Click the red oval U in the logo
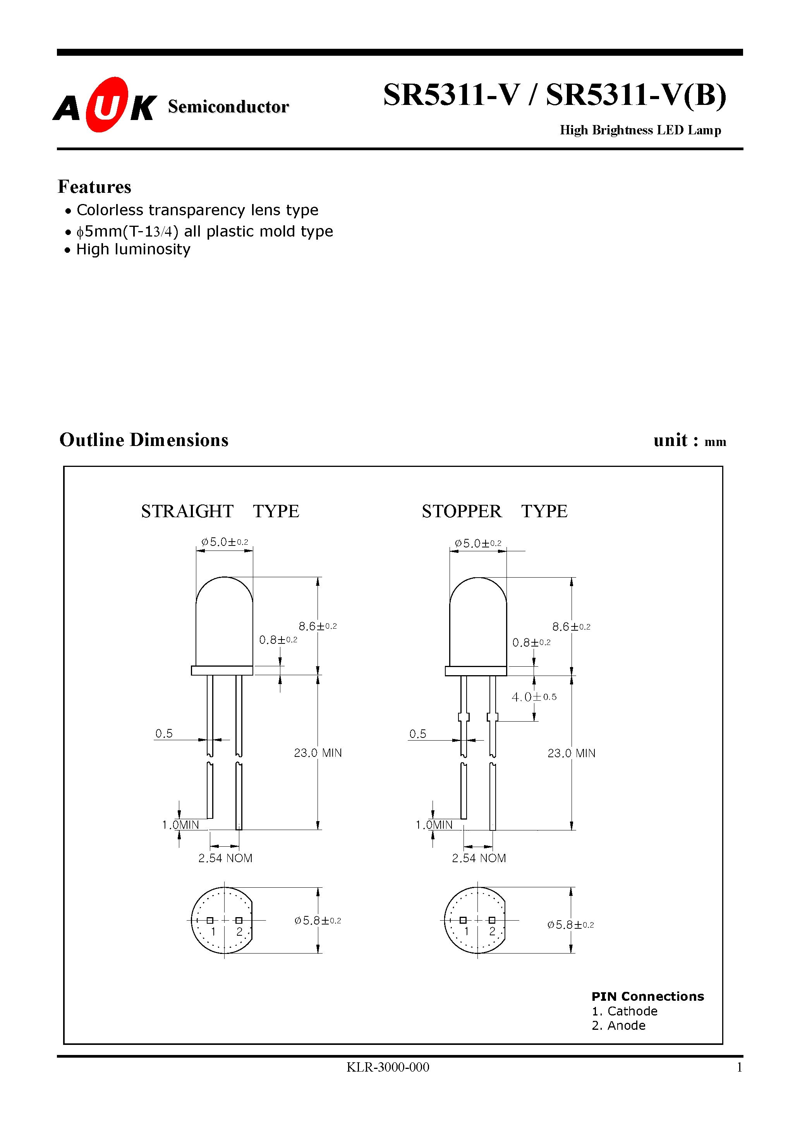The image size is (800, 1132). click(106, 105)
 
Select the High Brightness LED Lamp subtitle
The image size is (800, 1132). click(640, 130)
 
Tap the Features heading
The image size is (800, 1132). click(94, 187)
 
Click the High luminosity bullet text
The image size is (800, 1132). click(133, 249)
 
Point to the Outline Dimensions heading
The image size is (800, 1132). click(144, 440)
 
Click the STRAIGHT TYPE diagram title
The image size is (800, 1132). click(220, 511)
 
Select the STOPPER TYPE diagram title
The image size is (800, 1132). click(494, 511)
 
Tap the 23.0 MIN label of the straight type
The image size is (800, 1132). click(318, 753)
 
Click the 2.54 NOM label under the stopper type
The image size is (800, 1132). click(479, 858)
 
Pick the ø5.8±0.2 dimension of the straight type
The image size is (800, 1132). click(318, 921)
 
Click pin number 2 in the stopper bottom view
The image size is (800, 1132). click(492, 931)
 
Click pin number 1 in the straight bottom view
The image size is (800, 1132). click(213, 931)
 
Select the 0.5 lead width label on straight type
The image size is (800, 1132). click(164, 734)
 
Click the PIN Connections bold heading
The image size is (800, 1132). click(647, 997)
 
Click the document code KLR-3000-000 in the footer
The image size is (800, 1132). click(388, 1067)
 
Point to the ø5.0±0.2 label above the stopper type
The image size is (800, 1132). click(477, 543)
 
